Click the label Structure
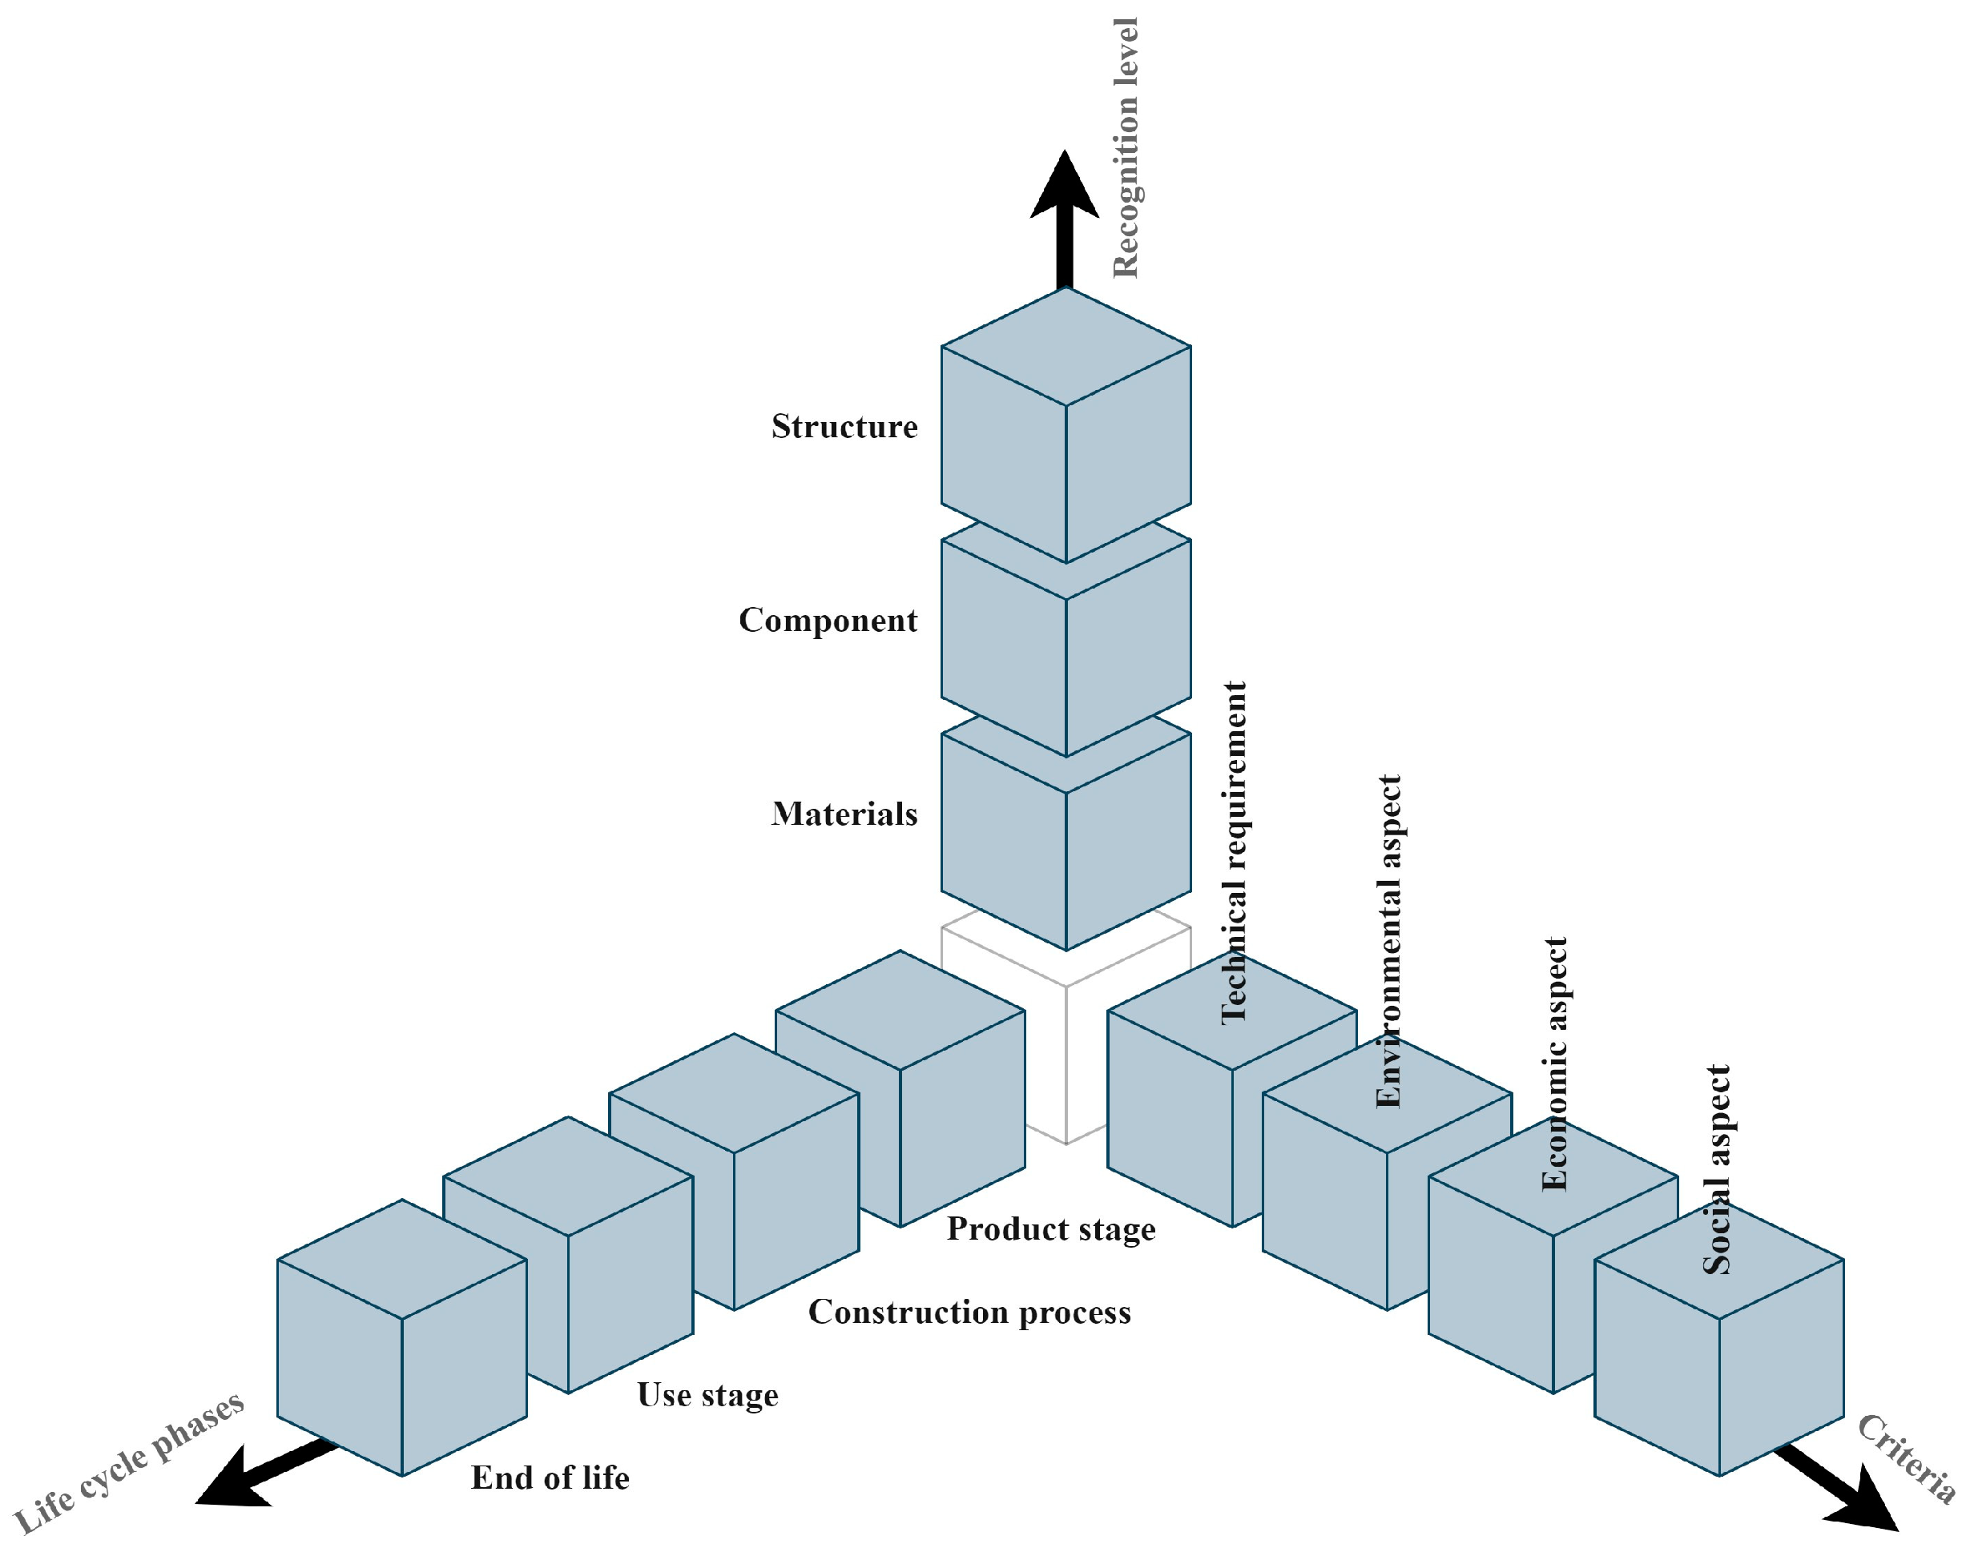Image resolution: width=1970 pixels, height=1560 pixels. (x=844, y=427)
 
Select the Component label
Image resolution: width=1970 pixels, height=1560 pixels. (x=828, y=620)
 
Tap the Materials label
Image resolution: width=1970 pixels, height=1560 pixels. (x=844, y=814)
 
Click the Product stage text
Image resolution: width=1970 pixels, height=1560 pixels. (x=1051, y=1228)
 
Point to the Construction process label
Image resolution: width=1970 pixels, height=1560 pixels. (x=969, y=1312)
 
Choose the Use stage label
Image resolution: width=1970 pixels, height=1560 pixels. (x=707, y=1395)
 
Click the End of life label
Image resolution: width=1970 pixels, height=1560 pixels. (x=550, y=1478)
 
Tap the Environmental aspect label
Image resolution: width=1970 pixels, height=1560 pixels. (x=1388, y=941)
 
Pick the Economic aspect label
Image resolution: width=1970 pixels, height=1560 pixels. (x=1554, y=1063)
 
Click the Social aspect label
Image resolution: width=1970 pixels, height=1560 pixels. (x=1717, y=1169)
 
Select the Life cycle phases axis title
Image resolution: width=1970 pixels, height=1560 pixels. (x=128, y=1462)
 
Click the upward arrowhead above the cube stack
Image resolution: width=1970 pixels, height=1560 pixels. (x=1065, y=187)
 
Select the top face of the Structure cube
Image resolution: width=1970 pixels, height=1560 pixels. (x=1066, y=346)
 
